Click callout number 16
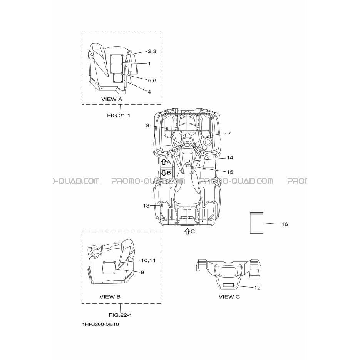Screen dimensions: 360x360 285,224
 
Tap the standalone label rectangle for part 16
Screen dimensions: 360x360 256,223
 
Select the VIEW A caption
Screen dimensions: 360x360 112,99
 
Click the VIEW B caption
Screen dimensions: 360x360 110,296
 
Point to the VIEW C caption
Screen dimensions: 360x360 229,296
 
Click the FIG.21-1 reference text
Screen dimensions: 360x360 119,115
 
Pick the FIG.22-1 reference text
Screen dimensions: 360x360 121,315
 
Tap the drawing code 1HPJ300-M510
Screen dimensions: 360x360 100,325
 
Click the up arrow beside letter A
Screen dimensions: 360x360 164,162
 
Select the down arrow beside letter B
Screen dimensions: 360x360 164,172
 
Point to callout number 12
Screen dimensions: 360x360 257,288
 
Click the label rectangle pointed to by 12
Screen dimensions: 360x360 228,285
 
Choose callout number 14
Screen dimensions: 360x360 230,158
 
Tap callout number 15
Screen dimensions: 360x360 230,172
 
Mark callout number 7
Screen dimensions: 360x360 229,133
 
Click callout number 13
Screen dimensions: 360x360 146,206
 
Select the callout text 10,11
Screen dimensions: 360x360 148,260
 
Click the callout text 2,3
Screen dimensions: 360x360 152,52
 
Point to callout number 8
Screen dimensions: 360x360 147,126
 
